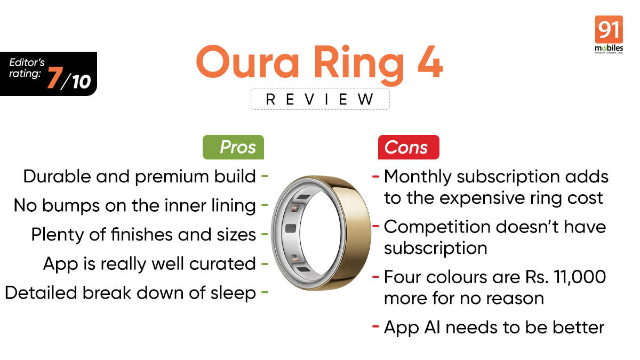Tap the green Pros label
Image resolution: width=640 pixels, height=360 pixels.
point(234,147)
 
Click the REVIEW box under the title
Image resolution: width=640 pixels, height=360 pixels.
point(320,99)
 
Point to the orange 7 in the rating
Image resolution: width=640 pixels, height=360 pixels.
point(54,78)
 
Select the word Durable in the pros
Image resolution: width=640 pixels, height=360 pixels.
point(54,177)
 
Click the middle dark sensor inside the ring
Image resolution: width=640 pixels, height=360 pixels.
point(291,228)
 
